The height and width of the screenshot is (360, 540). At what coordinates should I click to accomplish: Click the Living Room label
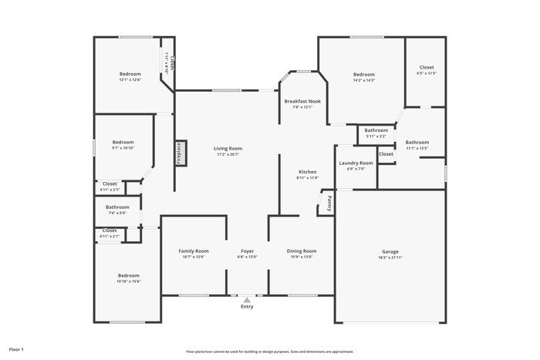(x=228, y=148)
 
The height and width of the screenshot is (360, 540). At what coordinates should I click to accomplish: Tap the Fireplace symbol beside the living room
(x=178, y=153)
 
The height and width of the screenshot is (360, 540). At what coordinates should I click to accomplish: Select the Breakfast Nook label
(x=302, y=101)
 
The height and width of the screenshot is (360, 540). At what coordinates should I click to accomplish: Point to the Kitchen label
(x=308, y=171)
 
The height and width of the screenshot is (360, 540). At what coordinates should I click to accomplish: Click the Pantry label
(x=329, y=204)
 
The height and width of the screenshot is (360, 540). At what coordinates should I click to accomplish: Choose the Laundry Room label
(x=356, y=163)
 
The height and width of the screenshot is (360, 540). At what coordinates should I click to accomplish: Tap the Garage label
(x=390, y=251)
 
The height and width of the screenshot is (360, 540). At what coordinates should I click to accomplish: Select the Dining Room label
(x=302, y=251)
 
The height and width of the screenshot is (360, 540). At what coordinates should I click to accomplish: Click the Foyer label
(x=247, y=251)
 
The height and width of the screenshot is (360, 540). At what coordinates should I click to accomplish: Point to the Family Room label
(x=194, y=251)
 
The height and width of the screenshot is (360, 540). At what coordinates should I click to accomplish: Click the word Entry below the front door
(x=247, y=307)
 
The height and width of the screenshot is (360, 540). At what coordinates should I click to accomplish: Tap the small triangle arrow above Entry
(x=247, y=299)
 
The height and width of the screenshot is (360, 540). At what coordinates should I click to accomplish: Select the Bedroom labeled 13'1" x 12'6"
(x=130, y=74)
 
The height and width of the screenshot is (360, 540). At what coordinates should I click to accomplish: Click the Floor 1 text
(x=16, y=349)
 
